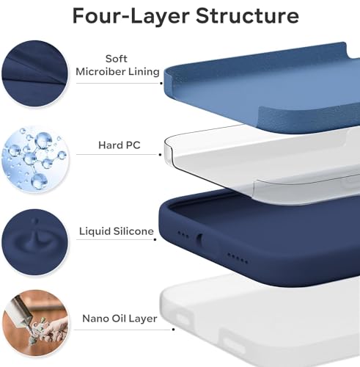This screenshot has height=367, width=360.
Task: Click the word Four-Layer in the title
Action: [x=131, y=16]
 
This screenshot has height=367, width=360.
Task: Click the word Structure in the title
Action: [x=247, y=15]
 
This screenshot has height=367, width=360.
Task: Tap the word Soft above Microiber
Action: [x=117, y=59]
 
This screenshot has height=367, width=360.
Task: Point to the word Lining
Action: [x=144, y=72]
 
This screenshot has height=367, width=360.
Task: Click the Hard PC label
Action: [x=120, y=145]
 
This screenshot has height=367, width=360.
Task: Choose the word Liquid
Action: [x=95, y=232]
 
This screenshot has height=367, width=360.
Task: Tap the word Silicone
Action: [x=133, y=231]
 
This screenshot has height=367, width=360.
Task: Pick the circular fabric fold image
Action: [x=35, y=73]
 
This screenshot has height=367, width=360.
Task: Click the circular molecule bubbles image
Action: [x=35, y=159]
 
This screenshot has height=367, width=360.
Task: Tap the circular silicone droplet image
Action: [x=35, y=242]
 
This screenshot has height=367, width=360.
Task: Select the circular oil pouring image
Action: [x=35, y=323]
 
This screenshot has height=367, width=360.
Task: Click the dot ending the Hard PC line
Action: [x=160, y=155]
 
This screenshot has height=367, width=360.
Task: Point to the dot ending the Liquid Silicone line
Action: [x=155, y=239]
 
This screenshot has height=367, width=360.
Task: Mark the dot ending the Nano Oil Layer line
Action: [x=173, y=330]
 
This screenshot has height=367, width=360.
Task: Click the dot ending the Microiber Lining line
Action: [x=161, y=83]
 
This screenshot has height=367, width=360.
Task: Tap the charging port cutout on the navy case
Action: [x=200, y=240]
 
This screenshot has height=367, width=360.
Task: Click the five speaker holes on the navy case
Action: [x=238, y=258]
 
